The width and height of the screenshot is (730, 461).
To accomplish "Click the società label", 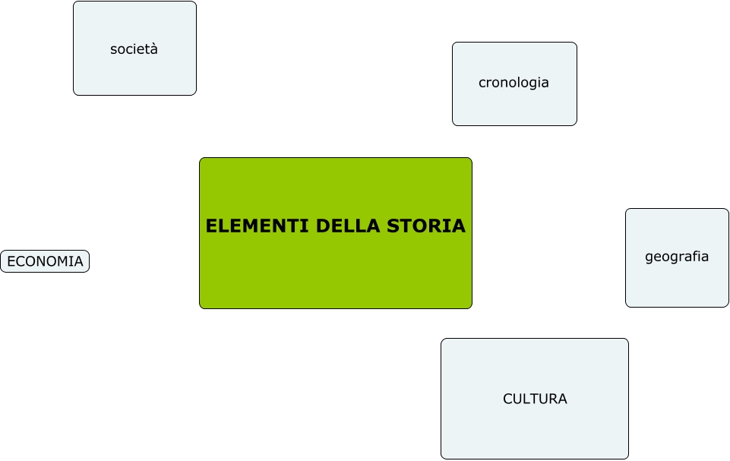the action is click(134, 49).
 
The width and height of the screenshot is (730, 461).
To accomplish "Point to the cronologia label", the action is click(514, 83).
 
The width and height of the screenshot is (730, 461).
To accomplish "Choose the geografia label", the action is click(677, 257).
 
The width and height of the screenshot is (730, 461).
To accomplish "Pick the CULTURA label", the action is click(535, 399).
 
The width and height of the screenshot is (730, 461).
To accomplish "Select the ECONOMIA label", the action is click(45, 261).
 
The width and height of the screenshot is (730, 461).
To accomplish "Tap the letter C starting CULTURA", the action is click(507, 399).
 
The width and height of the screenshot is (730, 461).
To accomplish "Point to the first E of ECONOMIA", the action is click(11, 261).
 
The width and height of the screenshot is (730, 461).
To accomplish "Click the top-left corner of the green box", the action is click(201, 159).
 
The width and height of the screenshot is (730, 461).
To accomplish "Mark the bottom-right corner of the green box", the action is click(471, 308).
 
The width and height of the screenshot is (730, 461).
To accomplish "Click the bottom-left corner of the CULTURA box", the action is click(442, 458).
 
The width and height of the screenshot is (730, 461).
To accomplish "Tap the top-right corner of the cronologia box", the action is click(576, 43).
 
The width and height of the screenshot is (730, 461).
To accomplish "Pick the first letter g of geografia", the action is click(649, 257).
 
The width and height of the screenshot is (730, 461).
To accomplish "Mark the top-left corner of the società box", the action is click(74, 2).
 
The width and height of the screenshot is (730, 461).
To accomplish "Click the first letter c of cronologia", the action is click(482, 83).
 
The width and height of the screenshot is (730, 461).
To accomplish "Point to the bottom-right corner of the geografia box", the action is click(728, 306).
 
